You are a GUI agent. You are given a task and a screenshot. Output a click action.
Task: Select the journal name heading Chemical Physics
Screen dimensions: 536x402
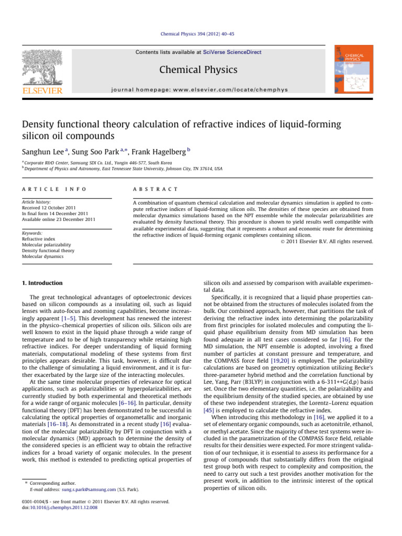201,70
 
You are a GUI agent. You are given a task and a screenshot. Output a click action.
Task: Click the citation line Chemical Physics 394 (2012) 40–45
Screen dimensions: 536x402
201,33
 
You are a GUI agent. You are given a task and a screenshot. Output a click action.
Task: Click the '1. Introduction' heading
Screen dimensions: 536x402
44,283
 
